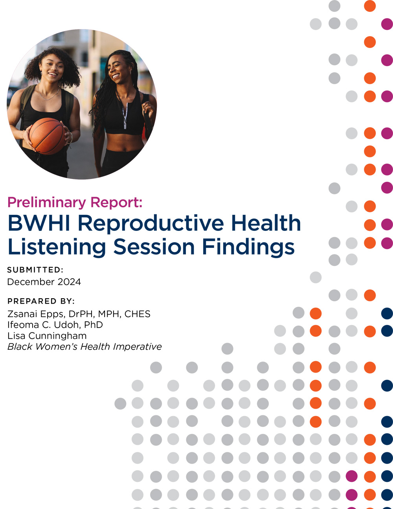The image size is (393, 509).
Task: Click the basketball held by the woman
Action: tap(47, 136)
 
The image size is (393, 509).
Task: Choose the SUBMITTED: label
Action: tap(35, 270)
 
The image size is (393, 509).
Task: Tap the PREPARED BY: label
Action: tap(41, 301)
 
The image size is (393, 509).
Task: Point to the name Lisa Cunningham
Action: tap(47, 336)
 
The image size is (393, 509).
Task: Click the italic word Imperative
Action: tap(137, 347)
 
